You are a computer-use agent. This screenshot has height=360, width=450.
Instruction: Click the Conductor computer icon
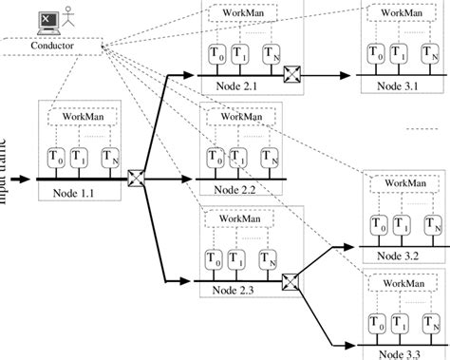(x=46, y=20)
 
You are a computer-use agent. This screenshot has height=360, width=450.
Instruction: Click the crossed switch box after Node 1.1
(x=137, y=177)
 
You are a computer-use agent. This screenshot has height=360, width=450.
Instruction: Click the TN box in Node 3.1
(x=432, y=53)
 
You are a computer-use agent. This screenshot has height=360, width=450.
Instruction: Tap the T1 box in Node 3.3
(x=403, y=321)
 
